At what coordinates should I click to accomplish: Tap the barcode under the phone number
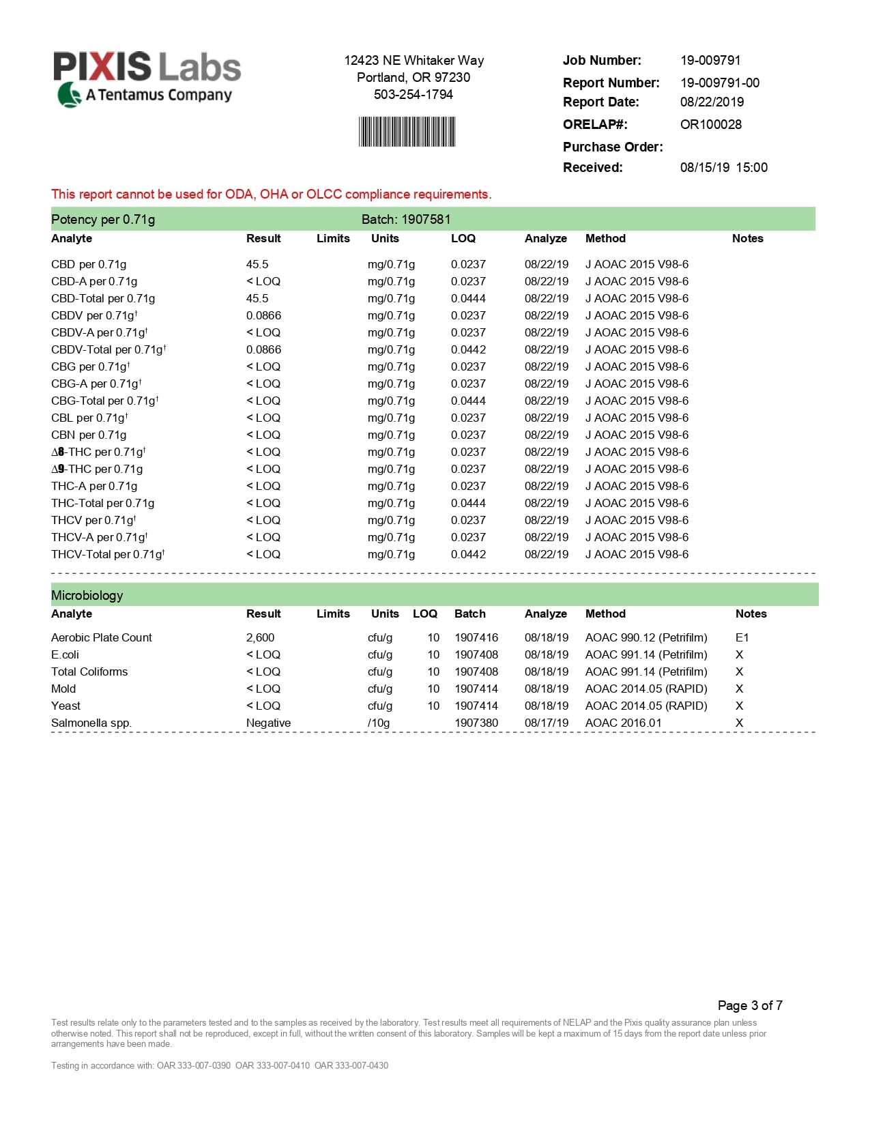407,132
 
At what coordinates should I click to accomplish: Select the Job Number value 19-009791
710,61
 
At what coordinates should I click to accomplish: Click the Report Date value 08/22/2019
712,102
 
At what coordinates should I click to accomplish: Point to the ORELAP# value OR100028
710,125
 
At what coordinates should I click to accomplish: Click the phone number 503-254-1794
413,95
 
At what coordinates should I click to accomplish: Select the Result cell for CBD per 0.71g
257,265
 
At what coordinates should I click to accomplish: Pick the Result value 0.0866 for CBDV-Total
263,350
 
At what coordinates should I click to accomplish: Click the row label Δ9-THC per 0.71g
97,470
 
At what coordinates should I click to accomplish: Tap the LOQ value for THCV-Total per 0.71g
468,555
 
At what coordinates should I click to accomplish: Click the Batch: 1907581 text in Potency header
406,220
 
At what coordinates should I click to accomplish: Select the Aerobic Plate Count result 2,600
260,638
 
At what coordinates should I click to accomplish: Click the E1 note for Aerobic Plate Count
742,638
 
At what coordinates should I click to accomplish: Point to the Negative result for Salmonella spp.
268,723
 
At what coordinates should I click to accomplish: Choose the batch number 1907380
476,723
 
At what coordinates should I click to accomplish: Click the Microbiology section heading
87,596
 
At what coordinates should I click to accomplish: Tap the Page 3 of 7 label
750,1005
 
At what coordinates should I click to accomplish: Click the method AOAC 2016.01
623,723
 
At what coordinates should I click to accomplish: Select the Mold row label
63,689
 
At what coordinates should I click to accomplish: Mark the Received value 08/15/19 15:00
723,168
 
